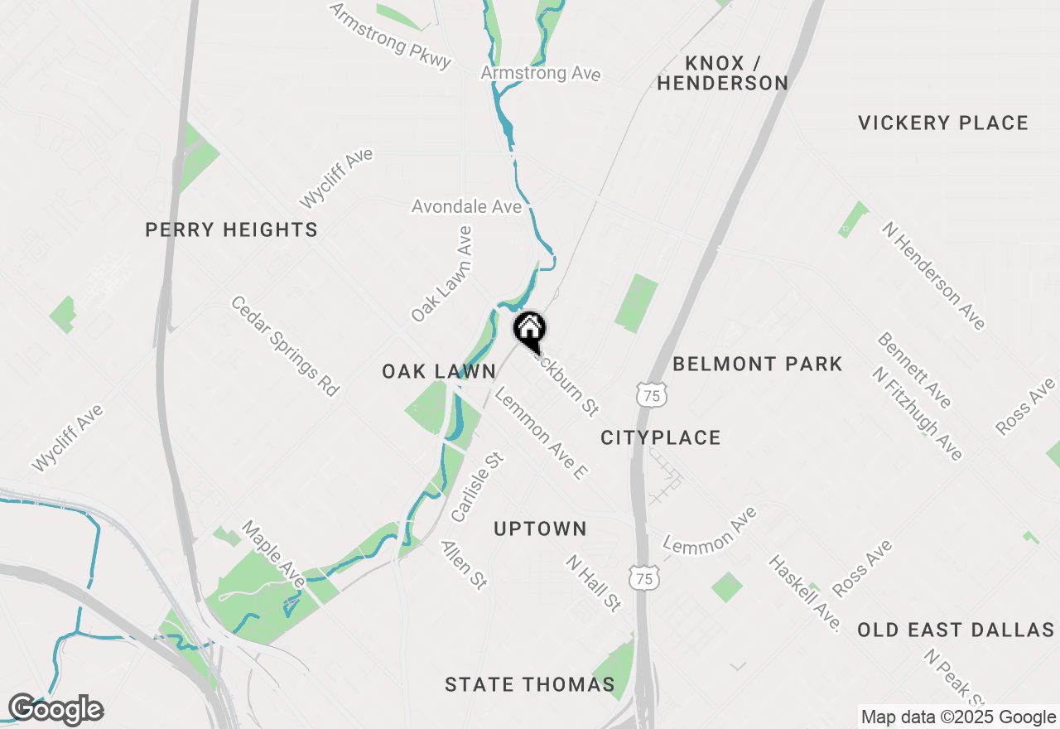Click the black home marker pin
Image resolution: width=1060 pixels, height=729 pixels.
point(529,330)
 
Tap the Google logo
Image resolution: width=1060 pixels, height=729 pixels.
point(55,710)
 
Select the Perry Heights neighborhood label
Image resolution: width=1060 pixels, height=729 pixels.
point(231,229)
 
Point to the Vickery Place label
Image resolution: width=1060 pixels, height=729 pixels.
point(942,123)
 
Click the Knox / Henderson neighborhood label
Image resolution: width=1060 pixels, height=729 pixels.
point(722,73)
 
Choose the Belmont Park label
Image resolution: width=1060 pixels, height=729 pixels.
point(757,364)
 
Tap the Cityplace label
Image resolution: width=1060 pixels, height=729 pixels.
point(660,437)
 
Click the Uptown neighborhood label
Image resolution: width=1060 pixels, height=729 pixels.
point(540,529)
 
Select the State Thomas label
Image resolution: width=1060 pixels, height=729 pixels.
point(529,684)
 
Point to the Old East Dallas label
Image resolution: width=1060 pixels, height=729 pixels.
point(955,630)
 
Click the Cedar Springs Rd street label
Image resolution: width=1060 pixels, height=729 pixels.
point(285,346)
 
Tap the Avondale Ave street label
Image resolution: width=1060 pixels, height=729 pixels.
point(467,205)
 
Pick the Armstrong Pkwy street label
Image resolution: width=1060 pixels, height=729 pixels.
point(391,36)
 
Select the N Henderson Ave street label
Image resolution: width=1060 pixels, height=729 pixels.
point(934,276)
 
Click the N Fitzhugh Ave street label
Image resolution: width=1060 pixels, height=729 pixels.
point(918,414)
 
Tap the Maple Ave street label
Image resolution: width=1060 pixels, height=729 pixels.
point(273,553)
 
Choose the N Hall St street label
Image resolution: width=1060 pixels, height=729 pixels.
point(593,583)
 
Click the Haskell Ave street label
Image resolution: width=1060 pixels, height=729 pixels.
point(804,593)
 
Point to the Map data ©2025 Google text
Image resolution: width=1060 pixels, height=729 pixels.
point(958,717)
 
